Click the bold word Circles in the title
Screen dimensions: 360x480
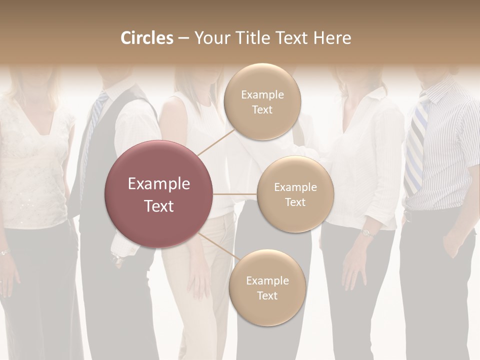pos(146,38)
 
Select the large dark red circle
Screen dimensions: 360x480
pos(159,194)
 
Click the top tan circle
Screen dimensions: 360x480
pos(262,101)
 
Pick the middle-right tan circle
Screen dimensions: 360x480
pos(295,194)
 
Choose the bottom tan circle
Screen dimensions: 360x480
pos(267,287)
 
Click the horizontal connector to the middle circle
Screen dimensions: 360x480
pos(235,194)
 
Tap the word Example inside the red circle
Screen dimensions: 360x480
pos(159,184)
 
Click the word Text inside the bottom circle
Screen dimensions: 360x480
pos(267,295)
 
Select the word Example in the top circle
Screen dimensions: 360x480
pos(262,94)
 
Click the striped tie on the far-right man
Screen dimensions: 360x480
pos(415,145)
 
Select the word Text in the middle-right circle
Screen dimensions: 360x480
pos(295,202)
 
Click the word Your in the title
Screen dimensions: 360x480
pos(209,38)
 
